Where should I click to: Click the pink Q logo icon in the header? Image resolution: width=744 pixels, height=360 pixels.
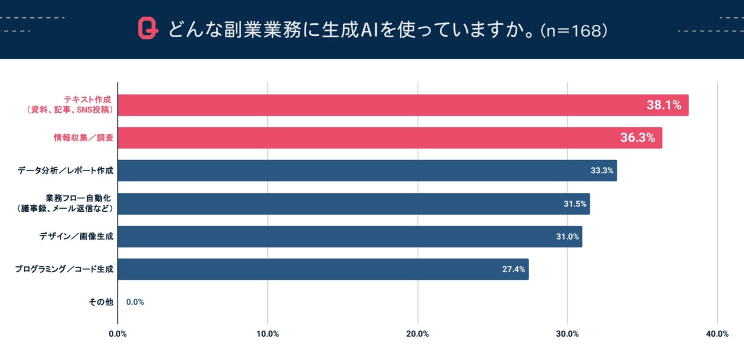point(148,29)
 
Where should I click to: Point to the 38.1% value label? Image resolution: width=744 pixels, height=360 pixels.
point(664,105)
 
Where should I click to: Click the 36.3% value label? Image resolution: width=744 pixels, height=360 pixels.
point(638,138)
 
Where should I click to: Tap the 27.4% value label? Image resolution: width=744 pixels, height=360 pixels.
point(514,269)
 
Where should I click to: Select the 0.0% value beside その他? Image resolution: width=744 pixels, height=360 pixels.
point(135,302)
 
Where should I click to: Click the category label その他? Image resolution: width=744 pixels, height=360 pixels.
point(101,302)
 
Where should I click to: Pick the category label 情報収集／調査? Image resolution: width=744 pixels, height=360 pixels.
point(80,138)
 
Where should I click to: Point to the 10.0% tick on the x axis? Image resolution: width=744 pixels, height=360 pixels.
point(267,334)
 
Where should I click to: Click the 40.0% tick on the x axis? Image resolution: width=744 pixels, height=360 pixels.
point(717,334)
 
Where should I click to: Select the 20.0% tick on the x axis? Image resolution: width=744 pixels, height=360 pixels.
point(417,334)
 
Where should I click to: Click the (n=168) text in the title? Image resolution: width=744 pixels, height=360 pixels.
point(574,30)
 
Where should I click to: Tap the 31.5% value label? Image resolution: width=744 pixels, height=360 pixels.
point(575,204)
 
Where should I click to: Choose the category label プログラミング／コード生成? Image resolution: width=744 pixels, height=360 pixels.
point(64,269)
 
